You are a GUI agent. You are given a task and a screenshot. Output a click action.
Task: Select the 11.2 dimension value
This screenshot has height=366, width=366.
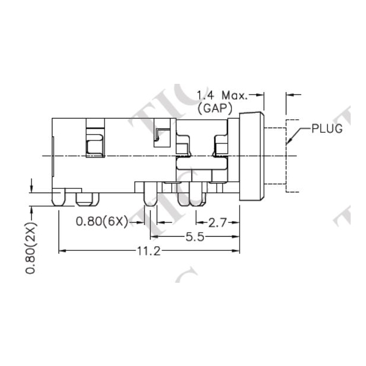[x=149, y=251]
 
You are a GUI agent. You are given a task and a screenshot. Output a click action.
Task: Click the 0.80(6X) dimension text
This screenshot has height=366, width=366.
[x=102, y=223]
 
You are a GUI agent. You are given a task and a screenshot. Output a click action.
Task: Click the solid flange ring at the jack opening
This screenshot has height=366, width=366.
[x=251, y=154]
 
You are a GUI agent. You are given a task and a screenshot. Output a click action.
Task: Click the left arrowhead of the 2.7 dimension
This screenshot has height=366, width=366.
[x=195, y=223]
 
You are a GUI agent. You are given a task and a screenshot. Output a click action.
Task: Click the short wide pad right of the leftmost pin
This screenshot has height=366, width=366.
[x=87, y=200]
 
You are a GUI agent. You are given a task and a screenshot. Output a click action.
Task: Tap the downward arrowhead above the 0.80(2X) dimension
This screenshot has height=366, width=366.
[x=31, y=188]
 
